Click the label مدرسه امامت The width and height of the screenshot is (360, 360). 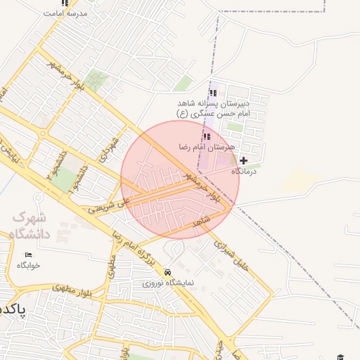(x=65, y=13)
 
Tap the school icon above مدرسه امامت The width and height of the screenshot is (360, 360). (x=65, y=3)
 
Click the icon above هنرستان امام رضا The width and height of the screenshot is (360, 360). (x=207, y=136)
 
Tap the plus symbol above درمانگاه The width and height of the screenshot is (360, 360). (x=244, y=160)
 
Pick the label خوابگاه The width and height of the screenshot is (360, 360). (x=29, y=266)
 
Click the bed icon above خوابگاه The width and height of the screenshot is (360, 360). (x=28, y=255)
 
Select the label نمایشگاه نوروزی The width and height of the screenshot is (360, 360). (x=167, y=283)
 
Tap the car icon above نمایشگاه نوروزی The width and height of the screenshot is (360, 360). (x=167, y=272)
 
